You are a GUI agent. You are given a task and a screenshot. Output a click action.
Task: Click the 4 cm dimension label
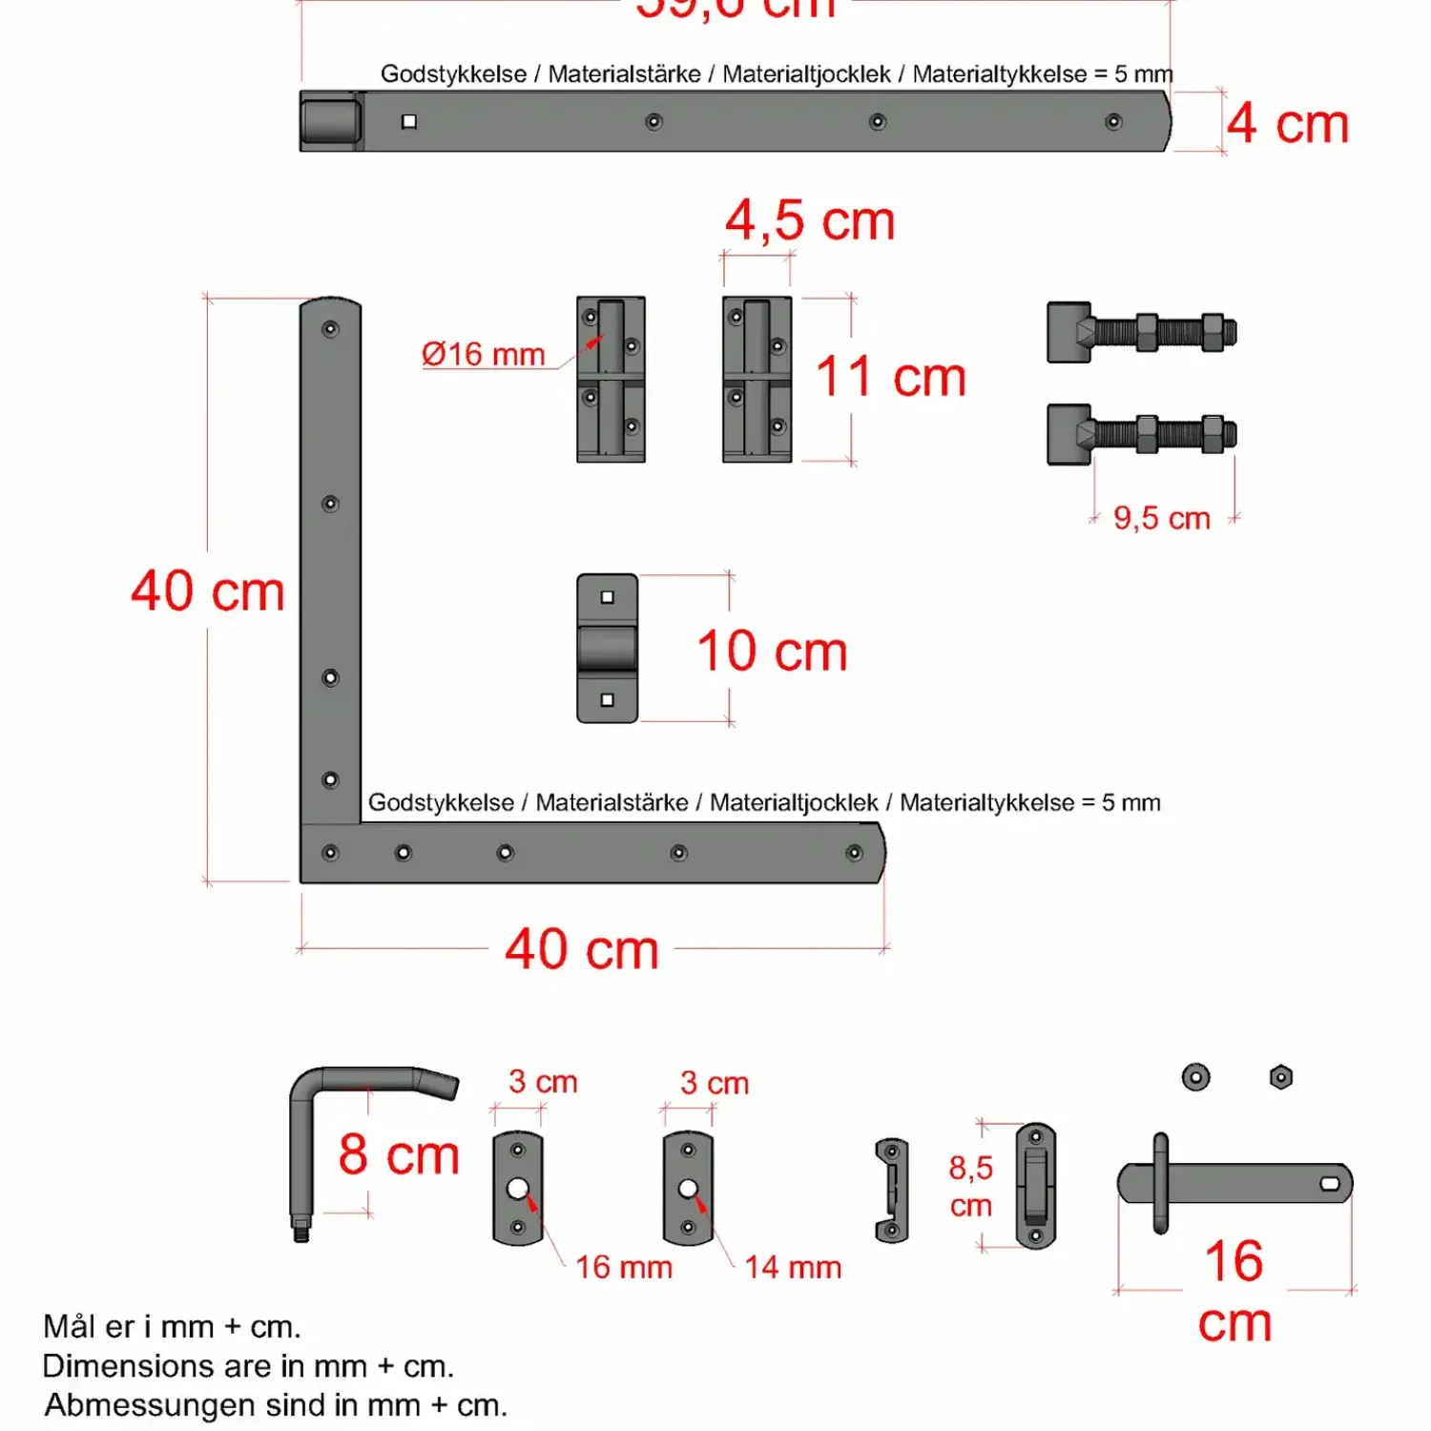click(1287, 124)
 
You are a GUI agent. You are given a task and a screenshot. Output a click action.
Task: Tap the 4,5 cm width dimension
click(810, 221)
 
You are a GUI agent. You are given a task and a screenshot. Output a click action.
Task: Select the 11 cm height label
click(890, 377)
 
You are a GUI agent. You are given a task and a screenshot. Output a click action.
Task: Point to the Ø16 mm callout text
click(483, 355)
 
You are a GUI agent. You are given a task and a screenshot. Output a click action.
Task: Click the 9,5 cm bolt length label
click(1161, 519)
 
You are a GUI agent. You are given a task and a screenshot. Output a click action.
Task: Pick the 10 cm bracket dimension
click(772, 652)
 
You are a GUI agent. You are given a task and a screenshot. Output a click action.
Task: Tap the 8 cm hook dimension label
click(399, 1155)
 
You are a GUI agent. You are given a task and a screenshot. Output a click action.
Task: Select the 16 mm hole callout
click(624, 1267)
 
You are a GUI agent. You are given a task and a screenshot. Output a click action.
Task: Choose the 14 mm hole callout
click(793, 1267)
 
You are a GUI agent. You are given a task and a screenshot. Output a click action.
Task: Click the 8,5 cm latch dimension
click(971, 1187)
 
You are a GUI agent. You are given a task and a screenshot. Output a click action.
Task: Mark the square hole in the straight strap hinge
click(409, 121)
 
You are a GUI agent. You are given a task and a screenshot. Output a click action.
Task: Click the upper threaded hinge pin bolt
click(1141, 333)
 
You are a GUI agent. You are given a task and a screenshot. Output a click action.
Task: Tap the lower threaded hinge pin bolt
click(1141, 434)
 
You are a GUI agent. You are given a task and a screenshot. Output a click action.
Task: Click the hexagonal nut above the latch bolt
click(1281, 1077)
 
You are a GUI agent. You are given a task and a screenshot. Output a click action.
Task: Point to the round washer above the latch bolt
click(1195, 1077)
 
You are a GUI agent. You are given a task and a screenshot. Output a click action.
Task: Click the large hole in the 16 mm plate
click(518, 1189)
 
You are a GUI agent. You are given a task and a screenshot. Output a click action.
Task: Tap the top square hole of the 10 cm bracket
click(607, 597)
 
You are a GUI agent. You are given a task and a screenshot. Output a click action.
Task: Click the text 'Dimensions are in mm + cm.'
click(248, 1366)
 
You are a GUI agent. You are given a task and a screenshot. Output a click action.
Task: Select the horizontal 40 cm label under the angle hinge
click(582, 950)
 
